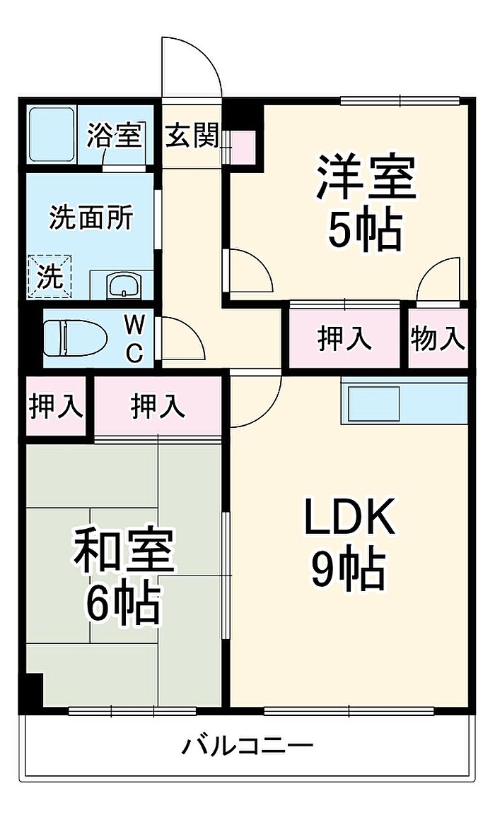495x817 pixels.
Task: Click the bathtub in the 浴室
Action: point(51,134)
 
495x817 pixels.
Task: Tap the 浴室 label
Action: point(115,135)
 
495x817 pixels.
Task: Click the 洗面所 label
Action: point(91,217)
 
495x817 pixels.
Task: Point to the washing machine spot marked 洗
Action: point(50,276)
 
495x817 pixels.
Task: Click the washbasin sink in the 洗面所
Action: point(124,285)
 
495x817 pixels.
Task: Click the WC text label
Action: point(134,339)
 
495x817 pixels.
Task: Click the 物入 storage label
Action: point(437,339)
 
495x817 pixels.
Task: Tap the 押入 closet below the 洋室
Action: point(345,339)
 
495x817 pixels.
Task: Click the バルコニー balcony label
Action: point(248,745)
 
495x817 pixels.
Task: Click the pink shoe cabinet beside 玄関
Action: point(243,146)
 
